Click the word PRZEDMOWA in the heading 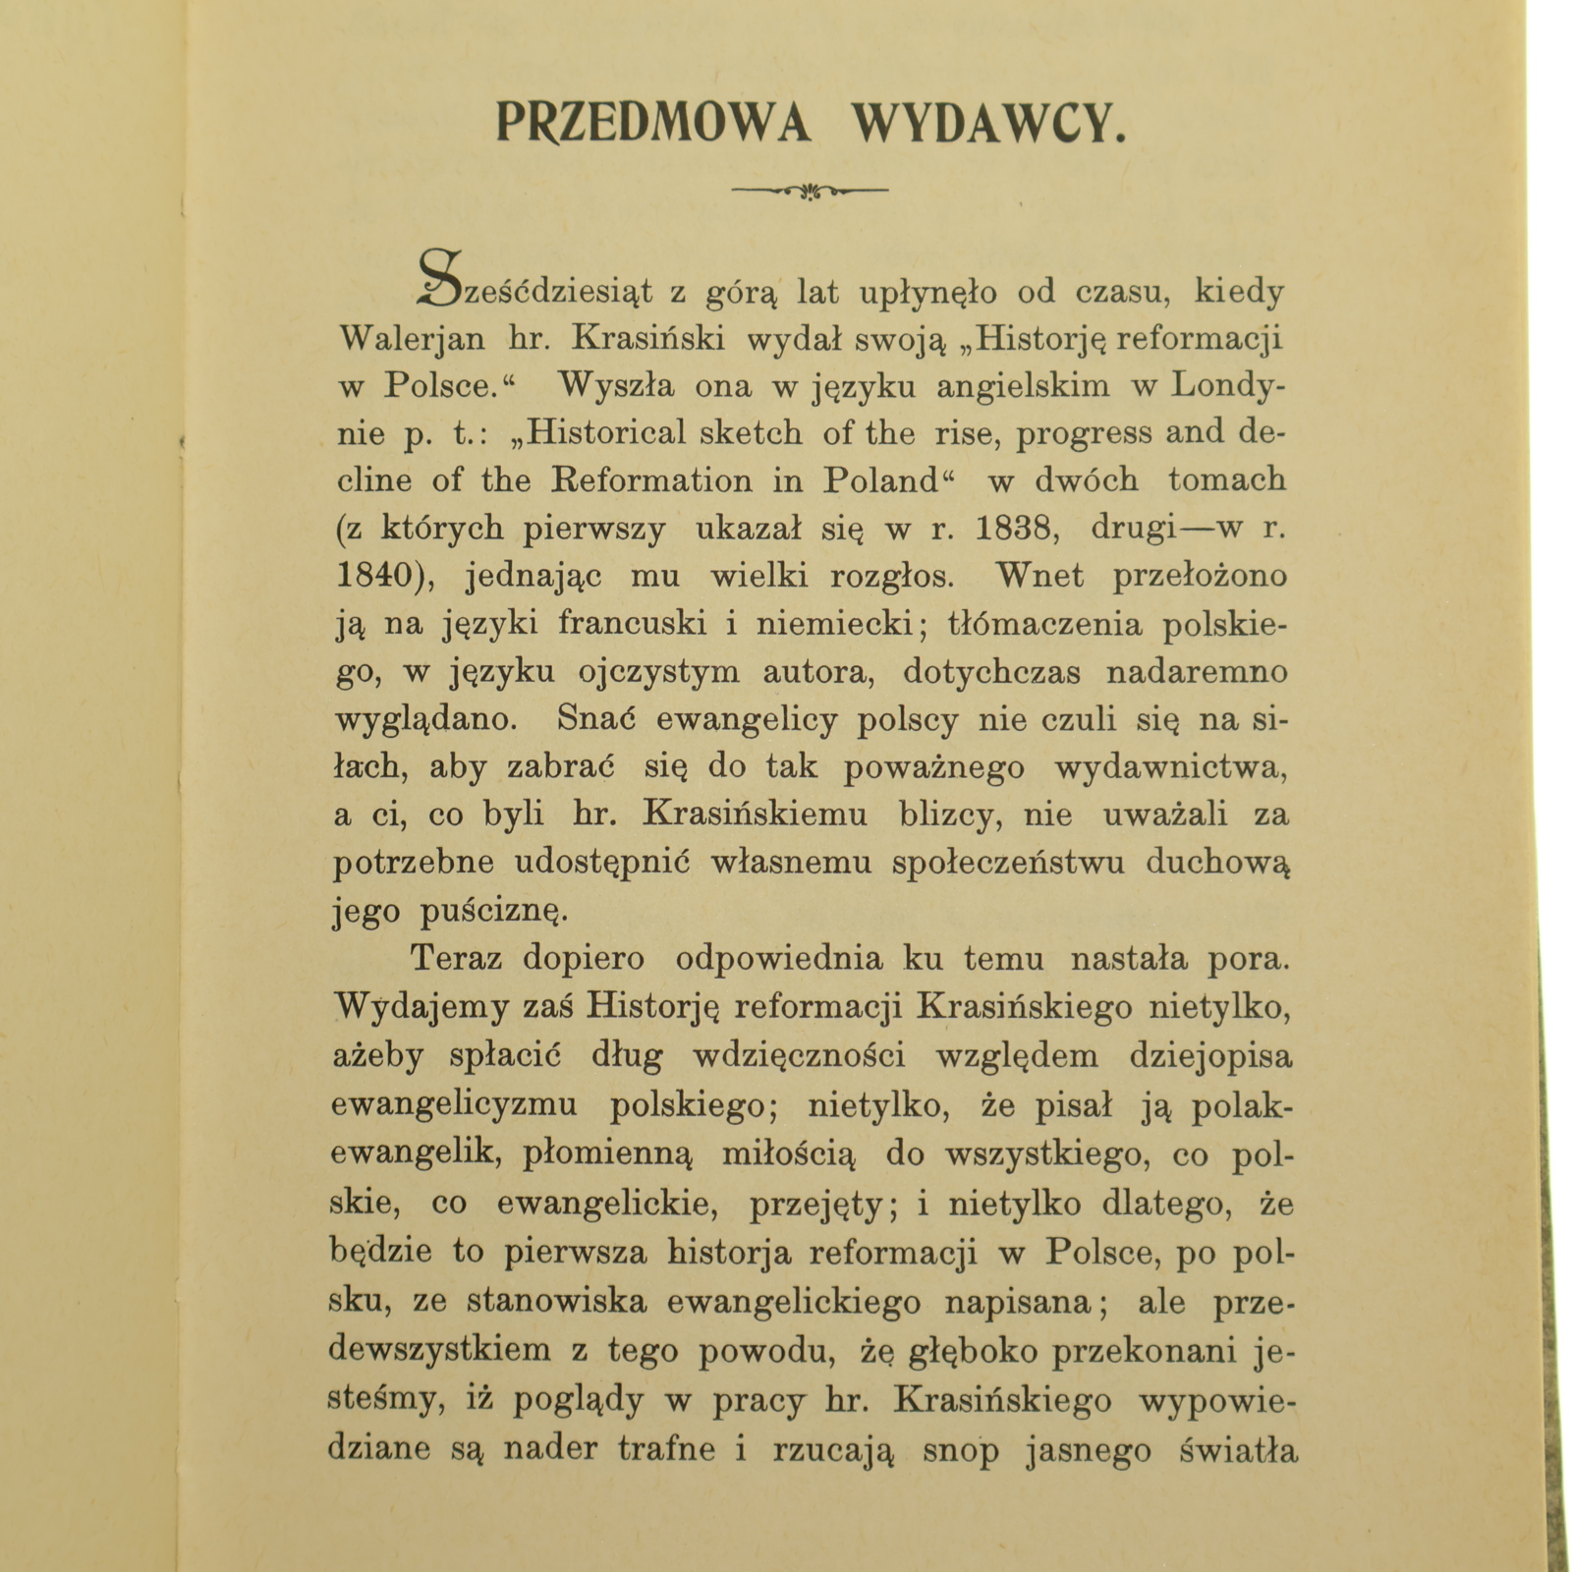pos(652,124)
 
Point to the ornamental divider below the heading pos(810,190)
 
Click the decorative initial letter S pos(440,278)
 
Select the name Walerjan pos(412,339)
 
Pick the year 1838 pos(1017,529)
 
